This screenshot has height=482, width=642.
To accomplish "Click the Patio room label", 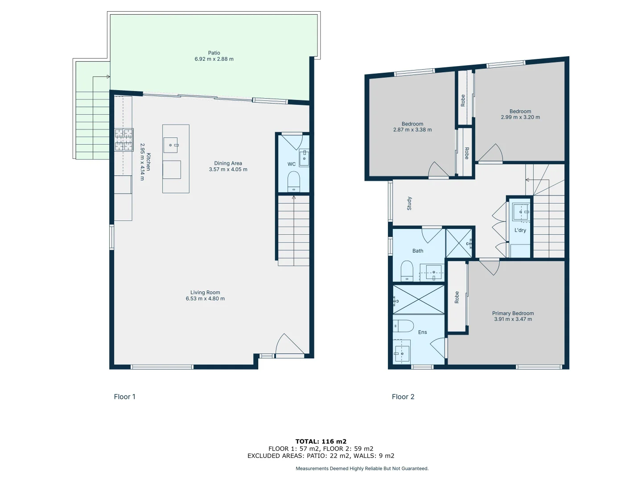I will click(x=214, y=53).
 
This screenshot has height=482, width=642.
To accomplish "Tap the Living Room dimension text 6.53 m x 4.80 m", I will click(x=205, y=299).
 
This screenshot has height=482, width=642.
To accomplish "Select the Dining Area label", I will click(x=228, y=163).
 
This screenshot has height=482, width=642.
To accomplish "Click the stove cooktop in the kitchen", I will click(x=123, y=140).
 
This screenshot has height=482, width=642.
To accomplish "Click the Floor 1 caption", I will click(x=124, y=397).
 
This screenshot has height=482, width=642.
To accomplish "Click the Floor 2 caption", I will click(x=403, y=397).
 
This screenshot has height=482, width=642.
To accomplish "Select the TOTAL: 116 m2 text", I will click(x=321, y=441).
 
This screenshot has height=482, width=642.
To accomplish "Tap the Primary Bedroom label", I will click(x=513, y=313).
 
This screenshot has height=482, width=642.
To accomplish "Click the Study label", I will click(x=409, y=204).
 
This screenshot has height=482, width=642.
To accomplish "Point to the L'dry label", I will click(x=520, y=230).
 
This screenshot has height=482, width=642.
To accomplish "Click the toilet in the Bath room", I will click(x=407, y=270).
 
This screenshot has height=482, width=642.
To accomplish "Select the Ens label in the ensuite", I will click(x=422, y=332).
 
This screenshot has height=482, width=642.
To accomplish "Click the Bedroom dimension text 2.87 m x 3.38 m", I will click(x=412, y=130).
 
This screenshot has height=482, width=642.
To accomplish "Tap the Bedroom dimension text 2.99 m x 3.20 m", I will click(x=520, y=117).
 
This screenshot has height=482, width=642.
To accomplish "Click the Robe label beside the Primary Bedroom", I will click(x=457, y=297).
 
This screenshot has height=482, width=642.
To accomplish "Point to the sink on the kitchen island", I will click(x=171, y=145).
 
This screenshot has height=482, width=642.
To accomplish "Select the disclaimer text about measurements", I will click(x=362, y=469).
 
